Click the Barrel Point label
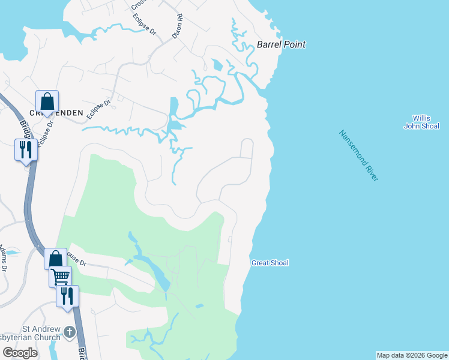click(281, 44)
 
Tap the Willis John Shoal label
click(421, 122)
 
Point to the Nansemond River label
click(358, 157)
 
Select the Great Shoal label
click(270, 263)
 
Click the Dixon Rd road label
click(177, 27)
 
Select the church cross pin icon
click(70, 331)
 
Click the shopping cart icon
click(60, 277)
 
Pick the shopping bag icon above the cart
click(55, 259)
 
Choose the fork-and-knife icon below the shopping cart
click(67, 295)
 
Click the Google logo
click(20, 353)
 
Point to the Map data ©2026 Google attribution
click(411, 355)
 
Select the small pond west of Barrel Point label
click(217, 65)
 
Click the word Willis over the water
click(421, 118)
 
